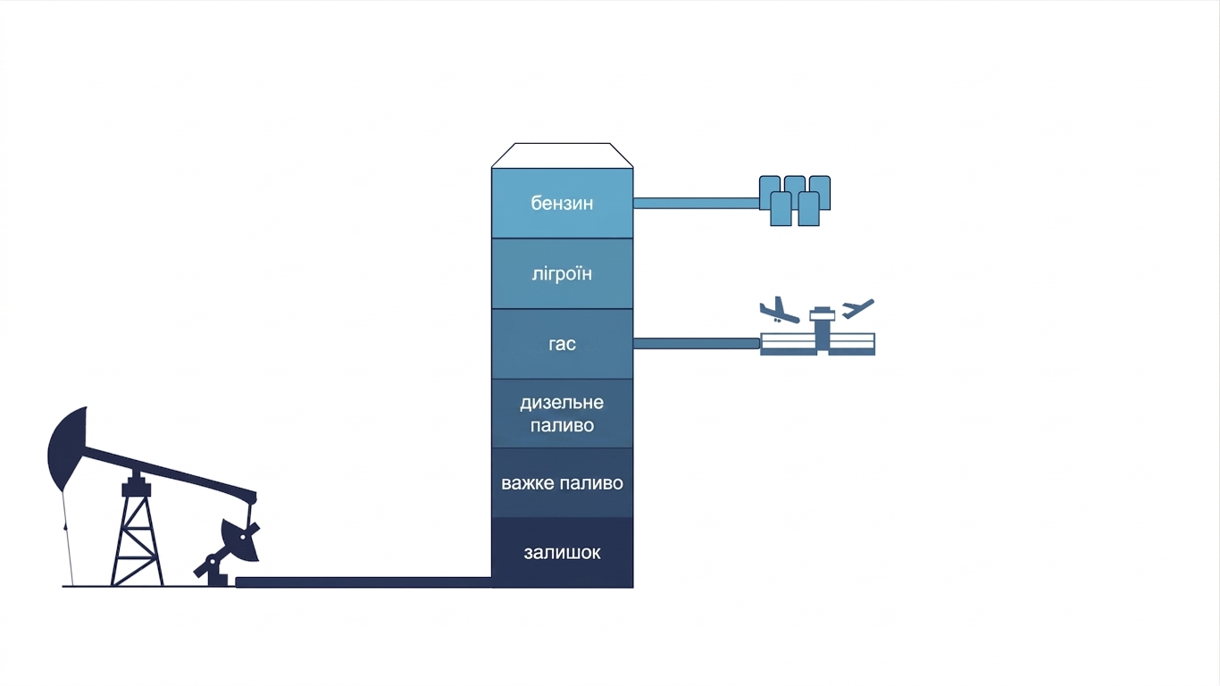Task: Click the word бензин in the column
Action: (562, 204)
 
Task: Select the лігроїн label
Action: (562, 273)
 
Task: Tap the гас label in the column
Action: (562, 344)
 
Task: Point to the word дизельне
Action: (562, 403)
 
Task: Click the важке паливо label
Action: (562, 483)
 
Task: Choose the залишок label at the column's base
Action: (562, 553)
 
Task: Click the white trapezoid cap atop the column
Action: (562, 155)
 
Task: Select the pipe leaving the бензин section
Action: (697, 204)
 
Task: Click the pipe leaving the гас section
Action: (697, 343)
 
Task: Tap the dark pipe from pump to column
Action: (363, 582)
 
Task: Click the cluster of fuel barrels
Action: (795, 200)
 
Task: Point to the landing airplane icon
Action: (779, 310)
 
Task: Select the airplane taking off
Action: (857, 308)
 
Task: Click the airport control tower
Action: (823, 330)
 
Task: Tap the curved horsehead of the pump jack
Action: (65, 448)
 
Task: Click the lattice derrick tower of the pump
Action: (137, 529)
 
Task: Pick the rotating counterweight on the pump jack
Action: (239, 540)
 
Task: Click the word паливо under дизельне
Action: (562, 425)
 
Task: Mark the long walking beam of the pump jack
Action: (170, 471)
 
